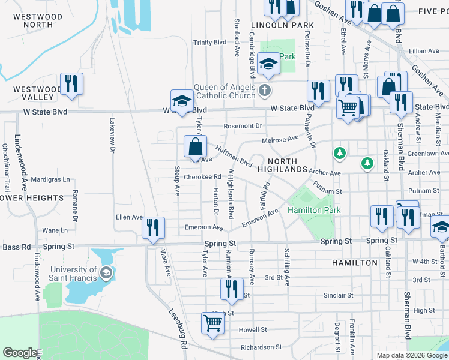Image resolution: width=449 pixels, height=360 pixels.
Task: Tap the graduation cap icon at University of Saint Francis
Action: pyautogui.click(x=106, y=273)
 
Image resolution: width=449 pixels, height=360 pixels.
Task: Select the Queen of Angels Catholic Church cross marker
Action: pyautogui.click(x=264, y=92)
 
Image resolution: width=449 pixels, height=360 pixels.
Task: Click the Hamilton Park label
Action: pyautogui.click(x=314, y=210)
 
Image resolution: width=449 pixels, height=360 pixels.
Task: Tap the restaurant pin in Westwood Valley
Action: pyautogui.click(x=71, y=85)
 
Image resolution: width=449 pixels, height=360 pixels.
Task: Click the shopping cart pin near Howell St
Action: pyautogui.click(x=213, y=323)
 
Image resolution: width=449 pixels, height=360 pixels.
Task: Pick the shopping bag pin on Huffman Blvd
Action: pyautogui.click(x=195, y=147)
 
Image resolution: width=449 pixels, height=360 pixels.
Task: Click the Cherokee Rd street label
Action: pyautogui.click(x=203, y=177)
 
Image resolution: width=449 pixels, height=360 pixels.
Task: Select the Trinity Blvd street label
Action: pyautogui.click(x=209, y=43)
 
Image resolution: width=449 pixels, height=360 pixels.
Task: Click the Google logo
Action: pyautogui.click(x=20, y=353)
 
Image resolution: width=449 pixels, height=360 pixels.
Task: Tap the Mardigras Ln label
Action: pyautogui.click(x=50, y=179)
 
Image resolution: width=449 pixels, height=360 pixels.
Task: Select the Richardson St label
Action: pyautogui.click(x=261, y=347)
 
